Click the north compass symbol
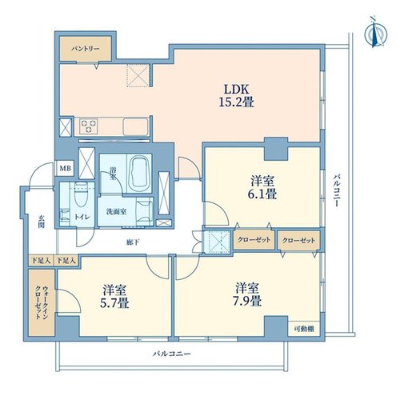coord(375,34)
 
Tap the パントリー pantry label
coord(86,49)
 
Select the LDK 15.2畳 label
coord(236,95)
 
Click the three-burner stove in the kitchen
coord(89,126)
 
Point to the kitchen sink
coord(135,127)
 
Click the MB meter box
coord(65,168)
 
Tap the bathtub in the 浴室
coord(138,172)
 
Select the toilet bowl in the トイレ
coord(81,194)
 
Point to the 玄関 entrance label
coord(41,222)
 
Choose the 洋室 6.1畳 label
coord(262,187)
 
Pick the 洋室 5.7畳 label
coord(114,296)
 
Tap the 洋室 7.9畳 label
coord(247,294)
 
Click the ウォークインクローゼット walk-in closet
coord(42,302)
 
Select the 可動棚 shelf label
coord(304,329)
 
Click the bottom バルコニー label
coord(172,354)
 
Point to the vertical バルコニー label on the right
coord(337,190)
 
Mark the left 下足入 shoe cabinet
coord(42,261)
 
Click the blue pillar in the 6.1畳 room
coord(276,149)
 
